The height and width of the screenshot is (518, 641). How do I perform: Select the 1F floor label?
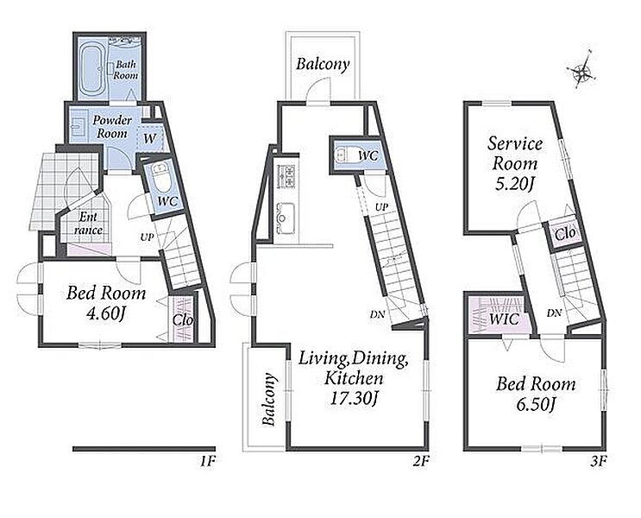[x=208, y=462]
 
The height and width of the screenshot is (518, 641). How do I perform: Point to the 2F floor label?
[x=421, y=462]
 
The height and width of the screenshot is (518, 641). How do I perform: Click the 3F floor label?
[x=598, y=462]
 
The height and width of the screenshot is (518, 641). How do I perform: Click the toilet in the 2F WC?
[x=342, y=155]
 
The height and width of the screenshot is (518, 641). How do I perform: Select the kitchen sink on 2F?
[x=286, y=218]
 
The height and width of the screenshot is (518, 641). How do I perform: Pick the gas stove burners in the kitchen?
[x=286, y=175]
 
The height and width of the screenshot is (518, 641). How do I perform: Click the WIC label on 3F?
[x=504, y=319]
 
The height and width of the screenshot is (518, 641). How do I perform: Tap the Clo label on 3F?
[x=565, y=234]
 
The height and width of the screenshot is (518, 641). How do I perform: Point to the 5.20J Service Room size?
[x=514, y=185]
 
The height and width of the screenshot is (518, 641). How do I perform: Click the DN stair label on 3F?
[x=554, y=313]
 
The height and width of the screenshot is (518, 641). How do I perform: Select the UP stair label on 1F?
[x=147, y=237]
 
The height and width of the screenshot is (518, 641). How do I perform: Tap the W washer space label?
[x=149, y=139]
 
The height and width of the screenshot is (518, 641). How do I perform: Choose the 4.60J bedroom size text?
[x=105, y=314]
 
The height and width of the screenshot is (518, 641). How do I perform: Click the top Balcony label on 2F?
[x=323, y=64]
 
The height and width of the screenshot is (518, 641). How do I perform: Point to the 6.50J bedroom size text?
[x=535, y=405]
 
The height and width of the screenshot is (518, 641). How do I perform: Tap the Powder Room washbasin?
[x=77, y=126]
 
